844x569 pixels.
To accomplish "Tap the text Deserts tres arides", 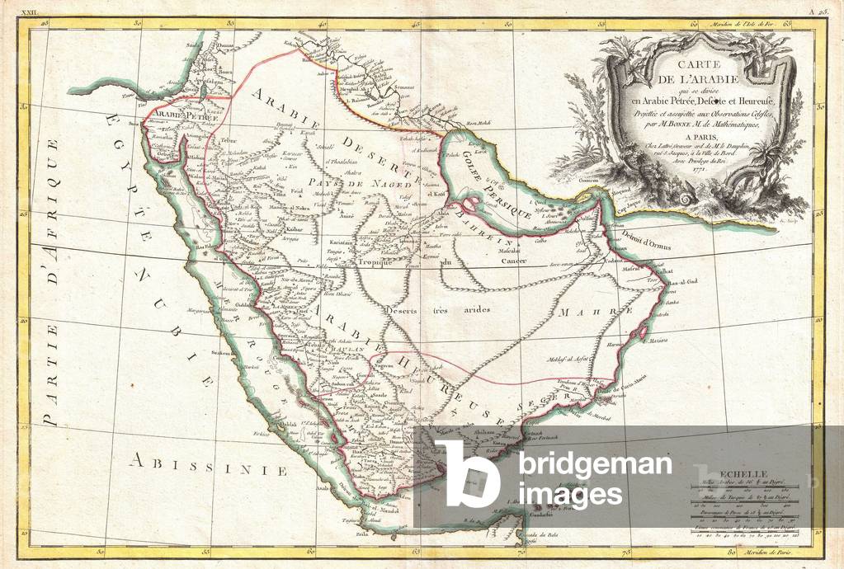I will pyautogui.click(x=438, y=310).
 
